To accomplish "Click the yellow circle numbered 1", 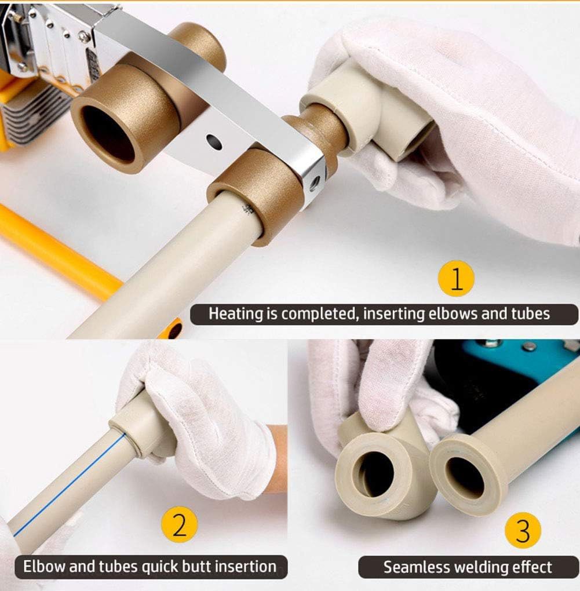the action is [456, 278].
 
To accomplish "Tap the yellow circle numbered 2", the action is [180, 524].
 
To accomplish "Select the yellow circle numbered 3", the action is [523, 530].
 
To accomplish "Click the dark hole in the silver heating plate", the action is [214, 141].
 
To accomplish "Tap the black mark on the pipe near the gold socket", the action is [247, 209].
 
